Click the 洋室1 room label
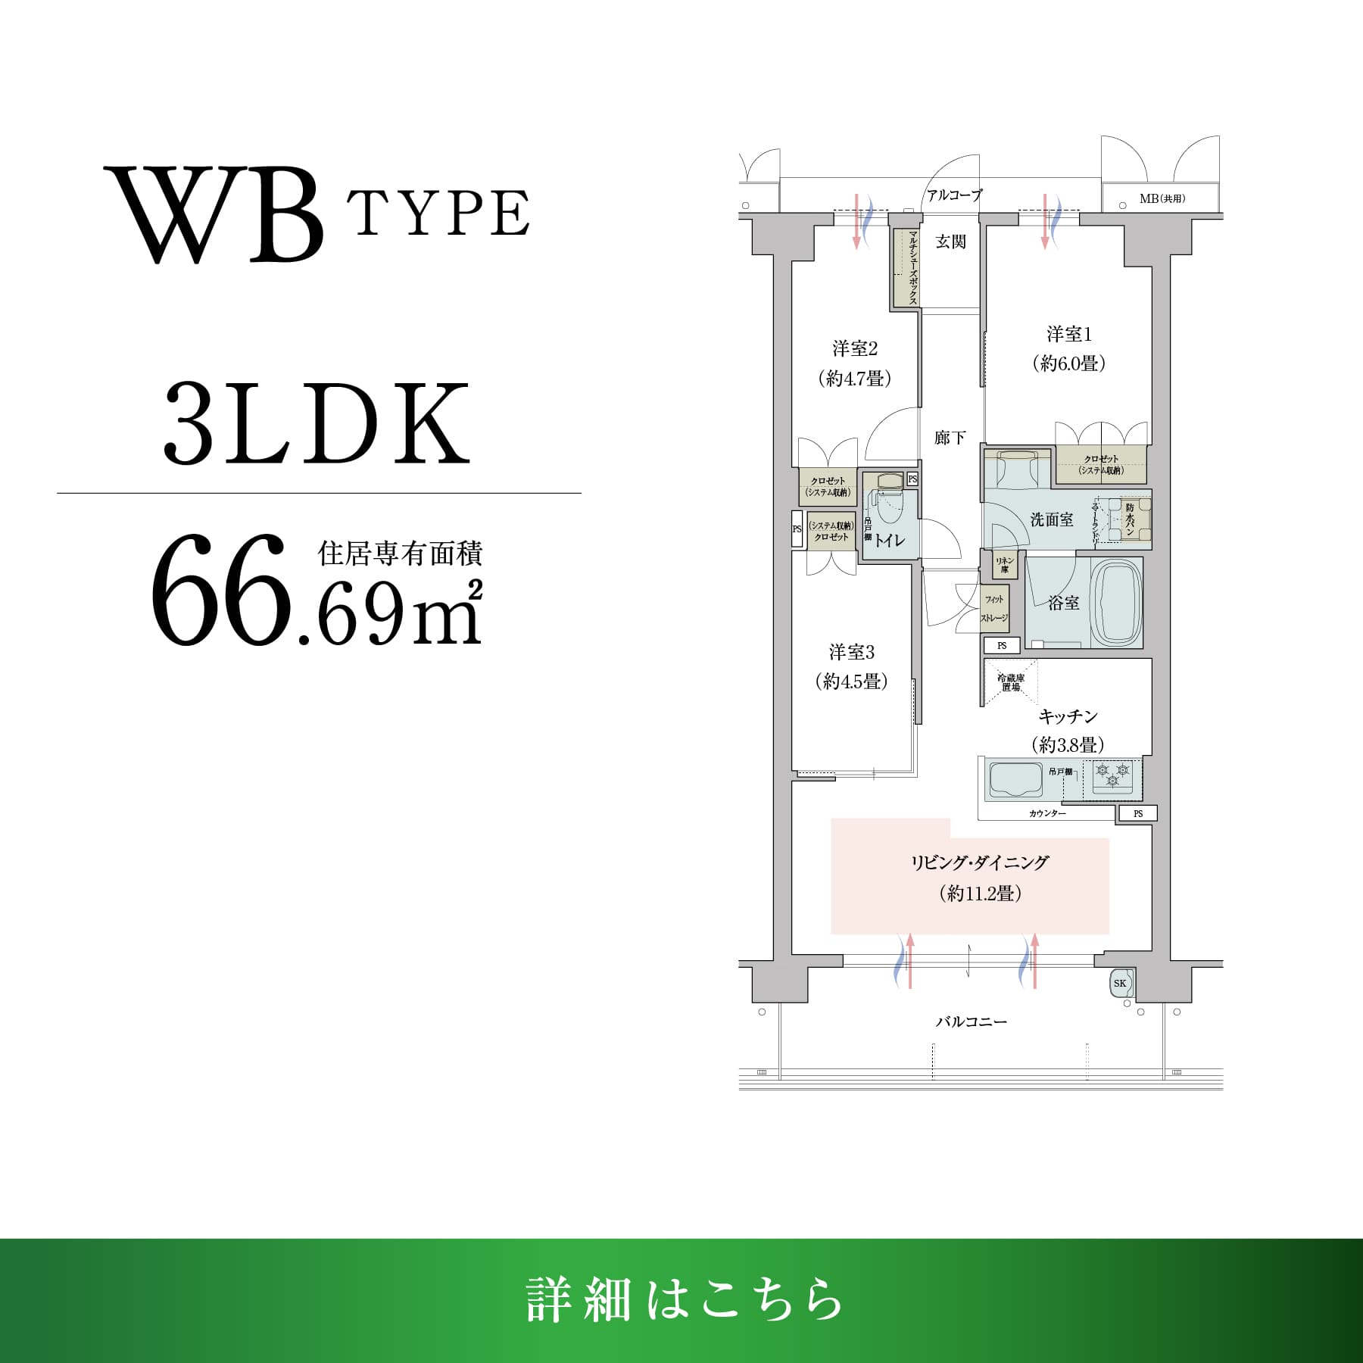coord(1068,334)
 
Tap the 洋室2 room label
coord(855,349)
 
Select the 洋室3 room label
coord(852,652)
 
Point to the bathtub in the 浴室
coord(1118,603)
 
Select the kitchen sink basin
coord(1015,779)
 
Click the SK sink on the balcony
coord(1121,984)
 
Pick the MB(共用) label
coord(1162,199)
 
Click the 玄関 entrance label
coord(950,242)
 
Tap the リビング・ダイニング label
coord(980,862)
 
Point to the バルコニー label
coord(972,1021)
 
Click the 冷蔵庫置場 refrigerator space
coord(1010,682)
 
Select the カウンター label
coord(1047,813)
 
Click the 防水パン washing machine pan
coord(1130,519)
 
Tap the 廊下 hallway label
coord(950,438)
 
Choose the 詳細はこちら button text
coord(684,1300)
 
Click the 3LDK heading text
coord(317,424)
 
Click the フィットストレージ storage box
coord(994,608)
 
